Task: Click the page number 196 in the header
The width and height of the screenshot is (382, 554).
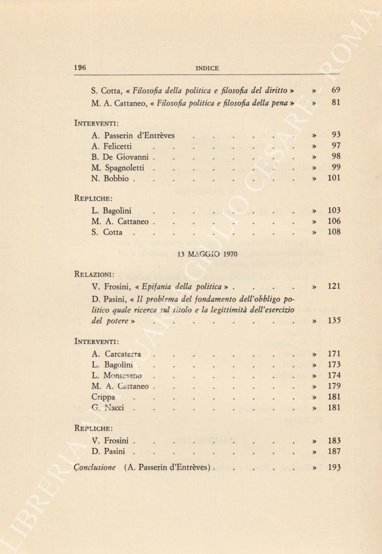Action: coord(80,67)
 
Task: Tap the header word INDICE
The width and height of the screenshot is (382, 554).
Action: coord(207,68)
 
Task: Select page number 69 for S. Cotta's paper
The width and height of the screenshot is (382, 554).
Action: coord(335,90)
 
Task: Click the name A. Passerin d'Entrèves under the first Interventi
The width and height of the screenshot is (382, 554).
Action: coord(133,136)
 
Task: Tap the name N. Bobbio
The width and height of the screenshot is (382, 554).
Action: coord(110,178)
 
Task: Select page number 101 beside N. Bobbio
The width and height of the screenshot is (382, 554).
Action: coord(334,178)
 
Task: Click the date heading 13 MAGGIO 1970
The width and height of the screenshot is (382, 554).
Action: coord(207,255)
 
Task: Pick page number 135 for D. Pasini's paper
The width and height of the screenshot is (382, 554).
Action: coord(334,321)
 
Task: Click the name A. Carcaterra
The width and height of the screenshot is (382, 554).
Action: coord(116,354)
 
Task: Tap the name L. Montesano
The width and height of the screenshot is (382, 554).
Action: coord(116,376)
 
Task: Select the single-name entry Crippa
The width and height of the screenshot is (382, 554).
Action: coord(103,397)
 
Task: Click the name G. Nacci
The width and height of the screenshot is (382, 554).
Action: coord(108,408)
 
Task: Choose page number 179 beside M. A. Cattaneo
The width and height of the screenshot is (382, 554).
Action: coord(334,386)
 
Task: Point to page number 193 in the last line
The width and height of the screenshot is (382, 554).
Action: coord(334,467)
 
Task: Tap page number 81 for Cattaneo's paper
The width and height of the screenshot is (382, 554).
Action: coord(335,103)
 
